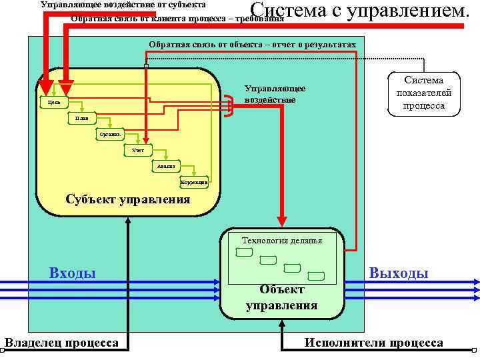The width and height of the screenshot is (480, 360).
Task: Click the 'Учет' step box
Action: click(139, 150)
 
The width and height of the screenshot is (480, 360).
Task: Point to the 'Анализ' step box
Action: click(167, 166)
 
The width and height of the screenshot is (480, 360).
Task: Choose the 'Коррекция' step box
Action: click(194, 181)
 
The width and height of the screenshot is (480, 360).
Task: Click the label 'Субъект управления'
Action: click(127, 199)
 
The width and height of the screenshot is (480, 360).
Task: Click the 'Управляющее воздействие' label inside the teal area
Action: click(275, 93)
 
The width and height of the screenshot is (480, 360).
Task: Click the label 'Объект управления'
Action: click(281, 297)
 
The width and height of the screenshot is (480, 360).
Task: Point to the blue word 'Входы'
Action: click(73, 272)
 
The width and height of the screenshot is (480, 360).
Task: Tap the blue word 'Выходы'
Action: click(399, 273)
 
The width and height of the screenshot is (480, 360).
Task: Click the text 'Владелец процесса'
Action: click(61, 343)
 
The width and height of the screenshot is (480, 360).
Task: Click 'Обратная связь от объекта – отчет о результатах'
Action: click(252, 44)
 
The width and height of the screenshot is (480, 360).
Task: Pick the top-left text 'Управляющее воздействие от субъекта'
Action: click(123, 5)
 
